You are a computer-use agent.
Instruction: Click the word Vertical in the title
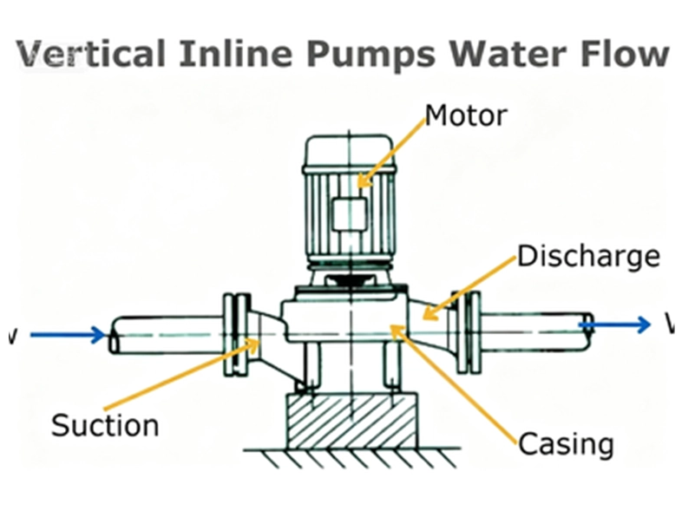(x=91, y=54)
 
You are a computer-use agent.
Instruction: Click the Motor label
(x=465, y=115)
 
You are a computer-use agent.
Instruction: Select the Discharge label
(x=588, y=257)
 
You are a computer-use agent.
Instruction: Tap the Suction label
(x=105, y=426)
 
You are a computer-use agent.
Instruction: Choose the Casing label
(x=566, y=443)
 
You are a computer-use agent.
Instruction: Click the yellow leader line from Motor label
(x=391, y=151)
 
